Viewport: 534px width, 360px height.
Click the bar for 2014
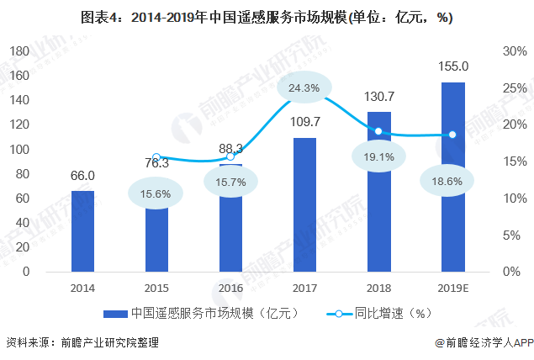click(82, 231)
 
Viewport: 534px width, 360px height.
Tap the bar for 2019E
click(452, 177)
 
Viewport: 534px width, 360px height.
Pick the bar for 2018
click(378, 192)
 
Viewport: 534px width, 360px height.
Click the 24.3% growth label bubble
click(304, 87)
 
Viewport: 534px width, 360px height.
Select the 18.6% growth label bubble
click(452, 181)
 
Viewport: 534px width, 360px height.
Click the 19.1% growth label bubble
click(378, 156)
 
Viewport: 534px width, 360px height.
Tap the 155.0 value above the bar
click(453, 66)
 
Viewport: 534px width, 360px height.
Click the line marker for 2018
click(378, 131)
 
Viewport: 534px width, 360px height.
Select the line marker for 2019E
click(452, 135)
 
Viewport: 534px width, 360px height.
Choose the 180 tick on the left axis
click(19, 51)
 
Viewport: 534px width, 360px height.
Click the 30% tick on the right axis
click(515, 51)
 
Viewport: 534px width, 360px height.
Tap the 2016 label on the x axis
click(230, 287)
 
